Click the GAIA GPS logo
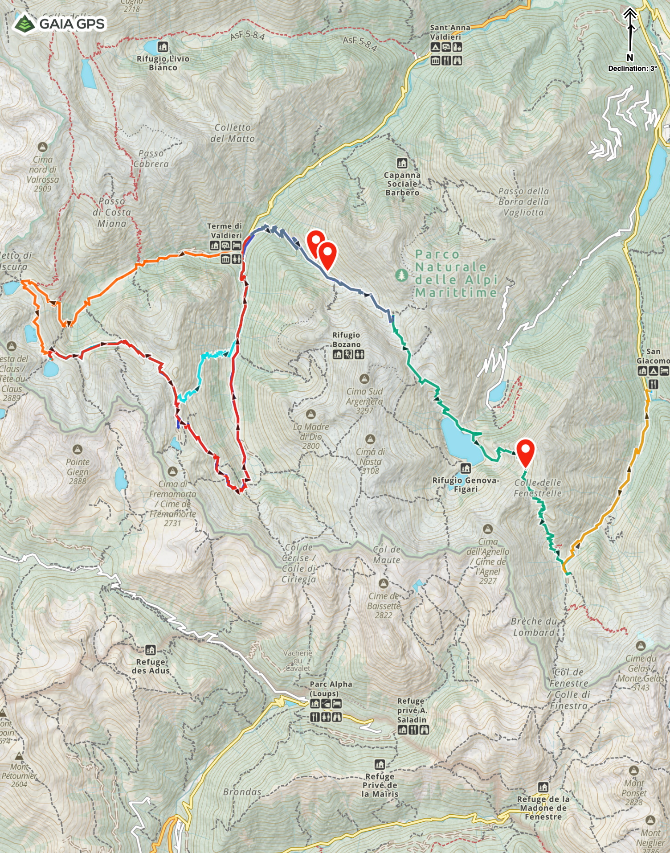tap(60, 23)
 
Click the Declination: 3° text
tap(632, 69)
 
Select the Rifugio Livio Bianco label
tap(163, 63)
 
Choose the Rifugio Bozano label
tap(346, 340)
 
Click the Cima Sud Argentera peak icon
tap(364, 379)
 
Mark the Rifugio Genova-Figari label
tap(466, 484)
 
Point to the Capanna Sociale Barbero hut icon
tap(402, 163)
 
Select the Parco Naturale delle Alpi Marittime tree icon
tap(402, 275)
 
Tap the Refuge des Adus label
tap(151, 666)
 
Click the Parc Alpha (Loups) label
tap(331, 689)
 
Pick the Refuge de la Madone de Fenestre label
tap(543, 808)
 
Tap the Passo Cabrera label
tap(151, 159)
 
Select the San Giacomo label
tap(653, 356)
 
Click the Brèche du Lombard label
tap(534, 627)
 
